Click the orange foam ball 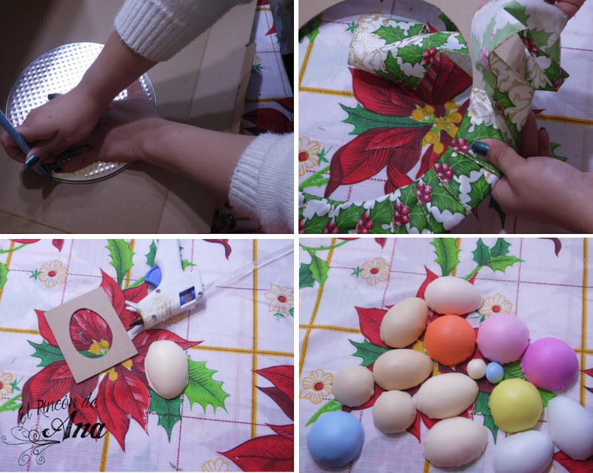(x=449, y=339)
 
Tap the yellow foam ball (x=516, y=405)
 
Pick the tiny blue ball (x=495, y=372)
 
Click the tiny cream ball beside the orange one (x=476, y=369)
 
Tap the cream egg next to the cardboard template (x=167, y=369)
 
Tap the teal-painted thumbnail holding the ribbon (x=480, y=148)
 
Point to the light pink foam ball (x=502, y=339)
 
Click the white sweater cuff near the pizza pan (x=262, y=181)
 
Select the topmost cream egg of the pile (x=453, y=295)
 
